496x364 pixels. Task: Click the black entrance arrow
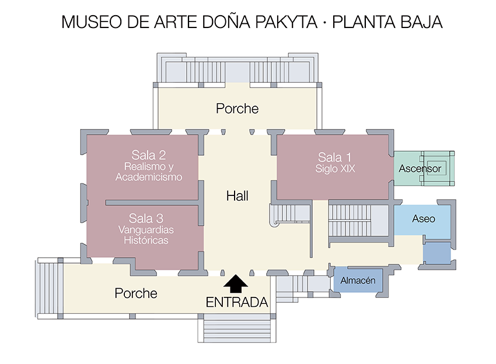(236, 283)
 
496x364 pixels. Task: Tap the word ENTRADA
(237, 303)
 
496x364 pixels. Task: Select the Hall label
(237, 196)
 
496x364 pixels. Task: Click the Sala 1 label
(334, 157)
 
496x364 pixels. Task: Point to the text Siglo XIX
(335, 169)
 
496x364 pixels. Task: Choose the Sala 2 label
(149, 155)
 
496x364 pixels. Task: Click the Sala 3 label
(146, 218)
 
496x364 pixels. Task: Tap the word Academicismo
(149, 177)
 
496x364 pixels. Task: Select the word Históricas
(146, 240)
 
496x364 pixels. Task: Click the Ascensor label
(420, 169)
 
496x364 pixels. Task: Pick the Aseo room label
(424, 219)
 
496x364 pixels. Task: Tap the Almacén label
(358, 281)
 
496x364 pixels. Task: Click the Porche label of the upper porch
(237, 108)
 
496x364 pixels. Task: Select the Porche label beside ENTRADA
(136, 293)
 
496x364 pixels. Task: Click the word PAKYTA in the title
(286, 22)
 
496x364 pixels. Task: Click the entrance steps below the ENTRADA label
(237, 328)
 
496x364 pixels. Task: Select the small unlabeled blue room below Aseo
(437, 253)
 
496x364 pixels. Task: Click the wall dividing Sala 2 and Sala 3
(152, 202)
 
